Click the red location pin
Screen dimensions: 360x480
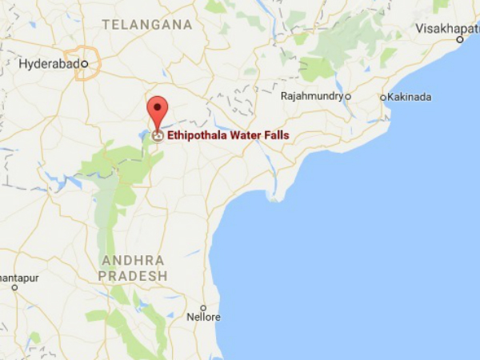coord(158,110)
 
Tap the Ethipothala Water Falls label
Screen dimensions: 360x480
coord(228,135)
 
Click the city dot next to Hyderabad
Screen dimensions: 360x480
coord(84,63)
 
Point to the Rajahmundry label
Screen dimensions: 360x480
coord(312,96)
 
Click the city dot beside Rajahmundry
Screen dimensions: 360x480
coord(348,96)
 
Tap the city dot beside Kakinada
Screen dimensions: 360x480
coord(383,98)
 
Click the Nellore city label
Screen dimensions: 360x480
coord(203,318)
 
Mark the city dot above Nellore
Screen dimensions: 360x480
coord(203,307)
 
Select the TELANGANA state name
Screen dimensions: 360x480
coord(148,25)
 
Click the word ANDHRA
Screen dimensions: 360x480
coord(133,261)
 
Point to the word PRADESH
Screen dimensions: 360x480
coord(134,275)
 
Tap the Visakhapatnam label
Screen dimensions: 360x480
coord(447,29)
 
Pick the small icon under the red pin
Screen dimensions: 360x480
coord(158,136)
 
